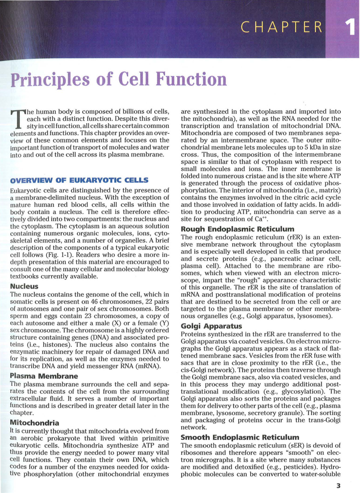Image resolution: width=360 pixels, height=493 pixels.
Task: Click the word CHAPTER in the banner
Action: click(x=282, y=27)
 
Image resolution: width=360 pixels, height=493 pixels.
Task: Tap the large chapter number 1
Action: click(x=351, y=27)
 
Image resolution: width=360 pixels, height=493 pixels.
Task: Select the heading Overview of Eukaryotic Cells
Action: click(x=79, y=180)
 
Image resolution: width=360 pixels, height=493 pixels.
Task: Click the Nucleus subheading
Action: click(x=24, y=286)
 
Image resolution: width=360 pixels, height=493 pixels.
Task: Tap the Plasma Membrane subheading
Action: click(x=44, y=376)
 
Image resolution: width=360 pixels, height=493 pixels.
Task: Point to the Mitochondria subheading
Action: click(x=34, y=423)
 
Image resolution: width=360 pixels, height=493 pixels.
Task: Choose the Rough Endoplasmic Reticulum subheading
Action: click(x=237, y=229)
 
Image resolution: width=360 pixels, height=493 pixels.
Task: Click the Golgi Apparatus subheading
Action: click(x=211, y=326)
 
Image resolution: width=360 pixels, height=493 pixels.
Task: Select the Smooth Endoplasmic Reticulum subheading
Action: click(x=240, y=437)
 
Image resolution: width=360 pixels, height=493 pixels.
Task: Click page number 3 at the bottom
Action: click(x=338, y=486)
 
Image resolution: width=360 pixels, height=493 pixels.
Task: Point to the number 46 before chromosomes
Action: click(x=94, y=302)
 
